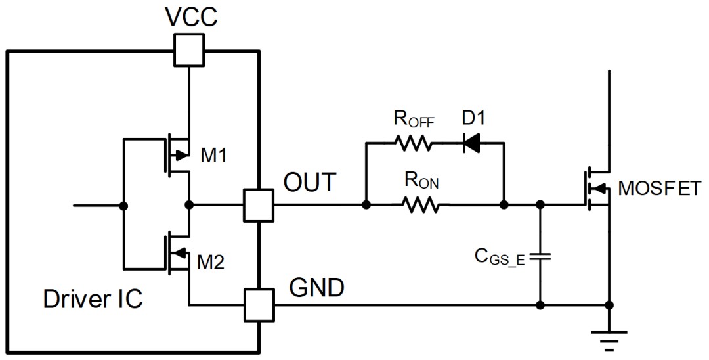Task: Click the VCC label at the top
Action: tap(191, 16)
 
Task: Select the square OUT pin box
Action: tap(258, 206)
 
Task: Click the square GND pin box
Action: tap(259, 305)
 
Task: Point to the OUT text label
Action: tap(310, 182)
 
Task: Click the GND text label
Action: tap(317, 287)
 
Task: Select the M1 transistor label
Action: tap(214, 156)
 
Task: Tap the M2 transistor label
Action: tap(211, 262)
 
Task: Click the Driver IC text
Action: tap(93, 299)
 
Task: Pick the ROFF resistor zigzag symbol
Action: tap(414, 143)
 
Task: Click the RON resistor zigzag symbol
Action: tap(420, 206)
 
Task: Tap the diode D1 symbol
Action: tap(471, 143)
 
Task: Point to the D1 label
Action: tap(473, 118)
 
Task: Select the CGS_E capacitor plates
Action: tap(540, 257)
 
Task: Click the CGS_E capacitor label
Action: tap(500, 257)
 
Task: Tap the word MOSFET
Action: tap(660, 189)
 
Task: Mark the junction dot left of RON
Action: tap(367, 206)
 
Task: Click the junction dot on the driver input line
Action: tap(123, 206)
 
